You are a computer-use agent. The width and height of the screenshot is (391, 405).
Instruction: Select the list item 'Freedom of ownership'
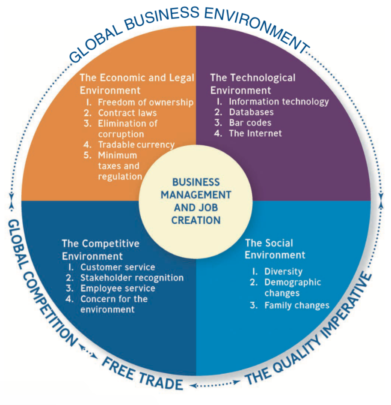(145, 102)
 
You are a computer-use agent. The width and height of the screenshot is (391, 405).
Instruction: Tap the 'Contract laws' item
(127, 113)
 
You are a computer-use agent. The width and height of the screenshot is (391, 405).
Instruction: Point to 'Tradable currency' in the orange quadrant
(136, 145)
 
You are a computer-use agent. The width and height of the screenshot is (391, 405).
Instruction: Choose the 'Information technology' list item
(278, 102)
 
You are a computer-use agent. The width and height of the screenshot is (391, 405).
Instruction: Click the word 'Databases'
(251, 112)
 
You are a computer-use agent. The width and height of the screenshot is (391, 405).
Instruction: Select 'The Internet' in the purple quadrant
(255, 133)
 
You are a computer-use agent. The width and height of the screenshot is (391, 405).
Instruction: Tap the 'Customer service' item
(118, 267)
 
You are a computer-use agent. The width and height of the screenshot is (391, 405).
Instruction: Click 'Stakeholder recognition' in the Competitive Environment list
(132, 278)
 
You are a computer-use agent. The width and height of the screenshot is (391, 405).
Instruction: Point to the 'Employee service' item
(118, 288)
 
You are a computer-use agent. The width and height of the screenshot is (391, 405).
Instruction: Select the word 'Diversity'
(283, 272)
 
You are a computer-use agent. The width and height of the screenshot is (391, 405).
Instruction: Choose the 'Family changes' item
(297, 305)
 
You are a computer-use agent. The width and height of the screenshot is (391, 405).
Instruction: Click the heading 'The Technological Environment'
(252, 84)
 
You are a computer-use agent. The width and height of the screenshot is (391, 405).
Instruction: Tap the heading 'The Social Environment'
(275, 249)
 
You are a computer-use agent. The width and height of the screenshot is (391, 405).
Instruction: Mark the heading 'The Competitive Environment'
(101, 250)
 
